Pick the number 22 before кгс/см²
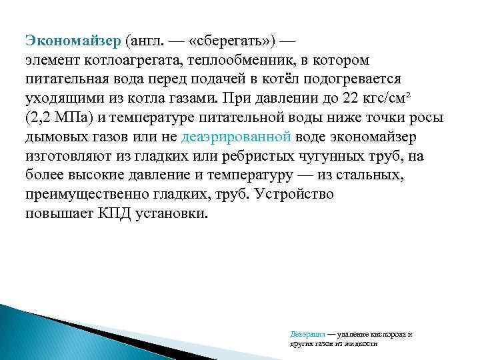click(x=349, y=97)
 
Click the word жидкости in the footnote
click(x=361, y=343)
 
